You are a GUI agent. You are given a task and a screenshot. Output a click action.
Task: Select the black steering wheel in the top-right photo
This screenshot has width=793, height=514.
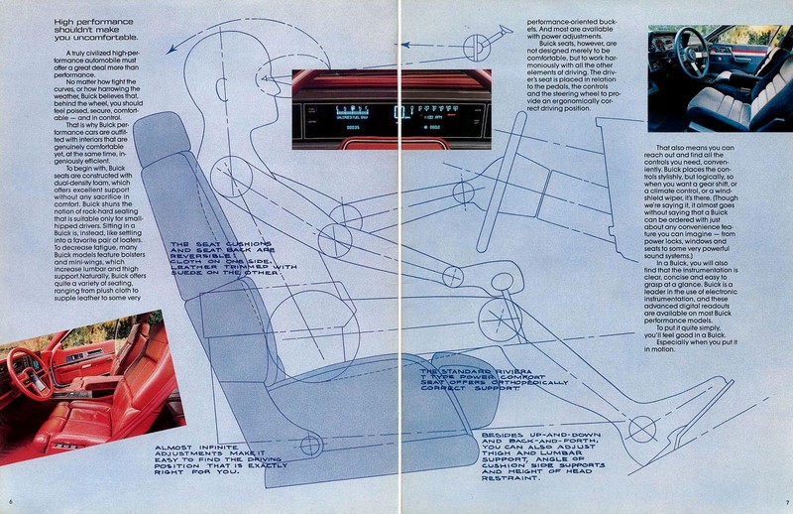coord(691,53)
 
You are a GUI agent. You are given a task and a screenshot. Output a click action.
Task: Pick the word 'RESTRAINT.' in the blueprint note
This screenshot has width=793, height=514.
coord(508,480)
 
